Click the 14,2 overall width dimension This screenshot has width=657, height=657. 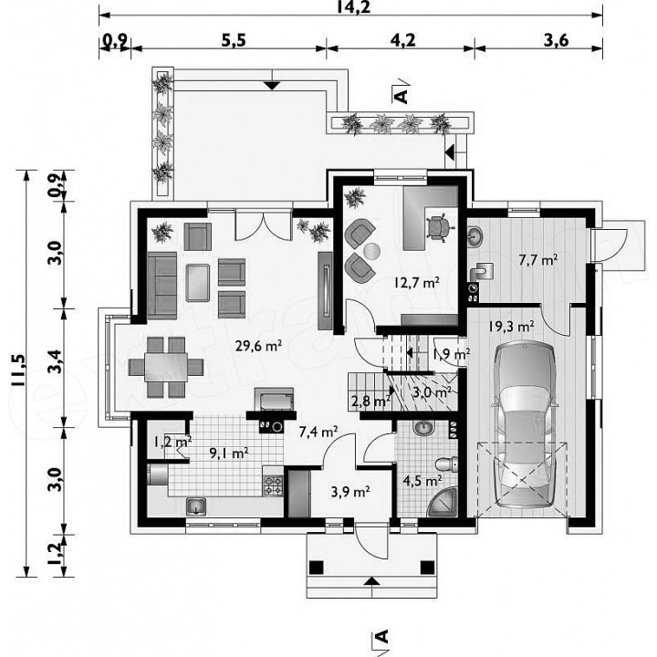coord(353,6)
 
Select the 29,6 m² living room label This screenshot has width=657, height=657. coord(257,346)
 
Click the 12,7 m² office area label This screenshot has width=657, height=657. coord(416,282)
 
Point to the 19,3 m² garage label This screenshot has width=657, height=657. coord(511,327)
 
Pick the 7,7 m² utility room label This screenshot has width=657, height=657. coord(537,260)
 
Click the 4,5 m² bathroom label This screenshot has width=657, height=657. coord(422,481)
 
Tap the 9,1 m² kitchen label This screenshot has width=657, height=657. coord(229,453)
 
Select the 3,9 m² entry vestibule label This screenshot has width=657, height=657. coord(350,492)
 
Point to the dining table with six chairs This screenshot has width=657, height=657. coord(166,367)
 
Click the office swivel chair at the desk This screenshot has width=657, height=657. coord(439,228)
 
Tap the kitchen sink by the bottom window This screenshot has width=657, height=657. coord(195,506)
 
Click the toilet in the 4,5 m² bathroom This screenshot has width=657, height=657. coord(446,464)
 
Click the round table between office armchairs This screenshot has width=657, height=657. coord(371,252)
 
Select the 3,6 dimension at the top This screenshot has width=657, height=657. coord(556,41)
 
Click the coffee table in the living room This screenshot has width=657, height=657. coord(197,283)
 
